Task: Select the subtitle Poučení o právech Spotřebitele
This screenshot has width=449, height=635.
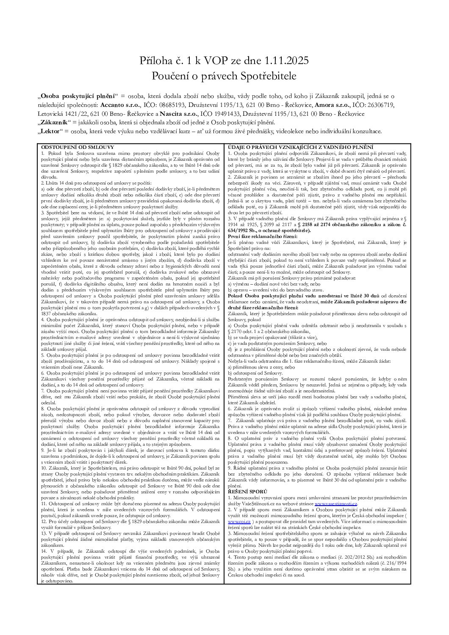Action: click(x=224, y=76)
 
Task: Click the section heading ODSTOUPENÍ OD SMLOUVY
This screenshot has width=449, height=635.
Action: click(x=68, y=145)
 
